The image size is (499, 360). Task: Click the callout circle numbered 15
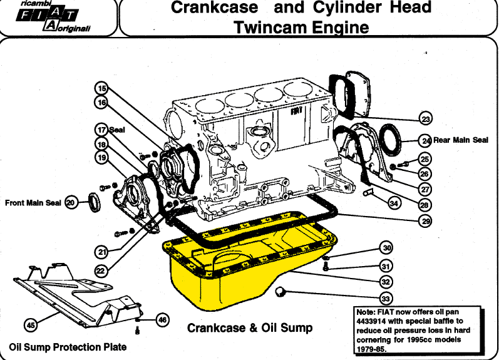coord(101,88)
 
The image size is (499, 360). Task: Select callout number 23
coord(426,119)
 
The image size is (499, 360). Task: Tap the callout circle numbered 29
coord(426,220)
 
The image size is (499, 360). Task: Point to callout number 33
coord(386,299)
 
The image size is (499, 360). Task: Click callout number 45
coord(31,325)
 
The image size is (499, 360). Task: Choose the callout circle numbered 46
coord(162,319)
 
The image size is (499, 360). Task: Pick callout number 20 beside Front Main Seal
coord(71,202)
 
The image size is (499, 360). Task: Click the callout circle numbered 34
coord(394,203)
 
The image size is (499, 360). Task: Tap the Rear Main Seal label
coord(460,140)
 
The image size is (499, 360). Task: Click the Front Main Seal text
coord(33,203)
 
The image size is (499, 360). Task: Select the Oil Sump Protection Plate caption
coord(68,347)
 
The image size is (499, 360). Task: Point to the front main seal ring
coord(94,202)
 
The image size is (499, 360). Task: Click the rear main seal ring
coord(391,140)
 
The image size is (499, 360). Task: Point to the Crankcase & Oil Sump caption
coord(250,328)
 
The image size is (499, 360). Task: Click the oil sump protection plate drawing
coord(80,296)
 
